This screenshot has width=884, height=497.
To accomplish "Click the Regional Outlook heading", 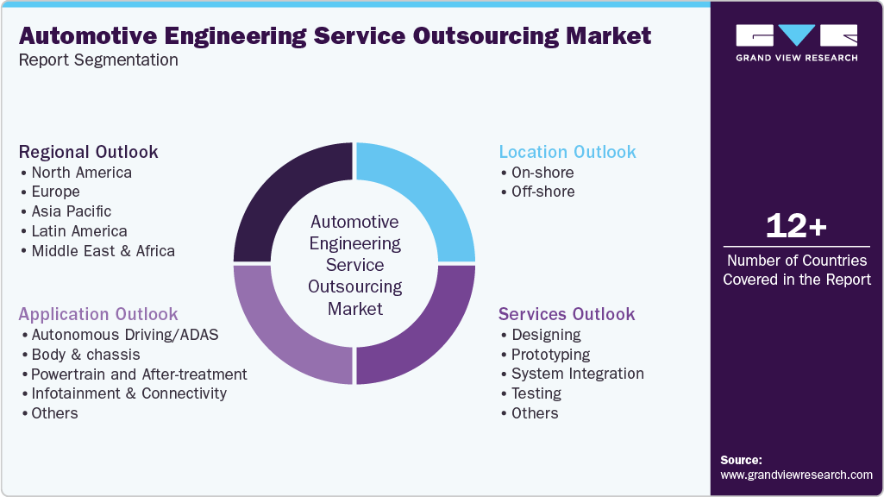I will coord(89,152).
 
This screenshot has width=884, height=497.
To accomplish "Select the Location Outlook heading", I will coord(567,152).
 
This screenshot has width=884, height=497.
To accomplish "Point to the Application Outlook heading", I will coord(98,314).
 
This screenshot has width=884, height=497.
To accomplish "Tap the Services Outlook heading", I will coord(567,314).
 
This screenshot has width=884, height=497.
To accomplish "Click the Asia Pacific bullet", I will coord(71,211).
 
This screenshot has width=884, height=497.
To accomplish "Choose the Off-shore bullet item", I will coord(542,192).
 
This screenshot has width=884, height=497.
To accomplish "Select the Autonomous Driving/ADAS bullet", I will coord(125,335).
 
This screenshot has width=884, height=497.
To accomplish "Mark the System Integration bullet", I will coord(577,374).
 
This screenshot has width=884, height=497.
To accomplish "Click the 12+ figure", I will coord(796,227).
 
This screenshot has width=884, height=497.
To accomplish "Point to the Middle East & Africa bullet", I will coord(103,251).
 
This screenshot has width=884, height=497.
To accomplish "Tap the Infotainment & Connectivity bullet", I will coord(129,393).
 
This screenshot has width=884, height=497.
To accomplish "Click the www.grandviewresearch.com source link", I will coord(796,475).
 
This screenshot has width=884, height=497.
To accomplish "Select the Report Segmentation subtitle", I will coord(98,60).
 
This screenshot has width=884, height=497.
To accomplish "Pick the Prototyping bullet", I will coord(550,355).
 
